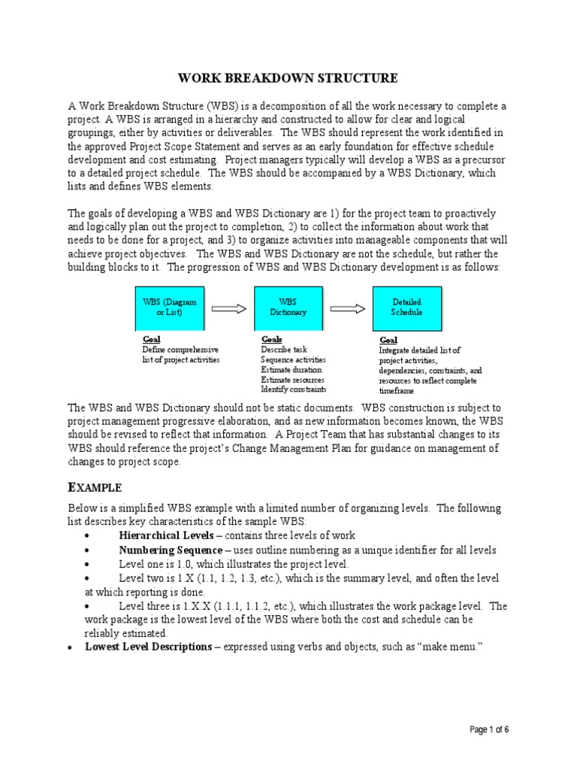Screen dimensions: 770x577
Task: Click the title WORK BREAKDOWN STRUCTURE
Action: pyautogui.click(x=288, y=78)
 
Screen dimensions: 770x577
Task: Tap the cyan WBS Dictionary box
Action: pyautogui.click(x=288, y=307)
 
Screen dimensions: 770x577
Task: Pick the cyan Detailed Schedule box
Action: pyautogui.click(x=407, y=307)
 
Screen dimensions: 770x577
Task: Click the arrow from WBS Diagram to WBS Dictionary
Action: pyautogui.click(x=229, y=308)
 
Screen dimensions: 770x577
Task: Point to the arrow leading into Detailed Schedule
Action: pyautogui.click(x=348, y=308)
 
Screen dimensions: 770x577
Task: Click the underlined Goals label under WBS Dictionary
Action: pyautogui.click(x=271, y=340)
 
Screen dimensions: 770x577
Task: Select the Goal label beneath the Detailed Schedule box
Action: pyautogui.click(x=388, y=341)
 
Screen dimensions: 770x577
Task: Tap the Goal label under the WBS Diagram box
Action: pyautogui.click(x=151, y=340)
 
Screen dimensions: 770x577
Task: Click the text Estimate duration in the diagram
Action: pyautogui.click(x=291, y=370)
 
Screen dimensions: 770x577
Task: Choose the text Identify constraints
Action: pyautogui.click(x=293, y=390)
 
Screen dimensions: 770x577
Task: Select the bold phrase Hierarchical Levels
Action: pyautogui.click(x=165, y=535)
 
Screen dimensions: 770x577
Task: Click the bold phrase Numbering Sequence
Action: pyautogui.click(x=170, y=550)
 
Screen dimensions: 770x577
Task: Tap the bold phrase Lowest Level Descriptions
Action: pyautogui.click(x=148, y=647)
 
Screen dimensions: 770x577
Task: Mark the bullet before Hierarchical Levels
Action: pyautogui.click(x=88, y=535)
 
